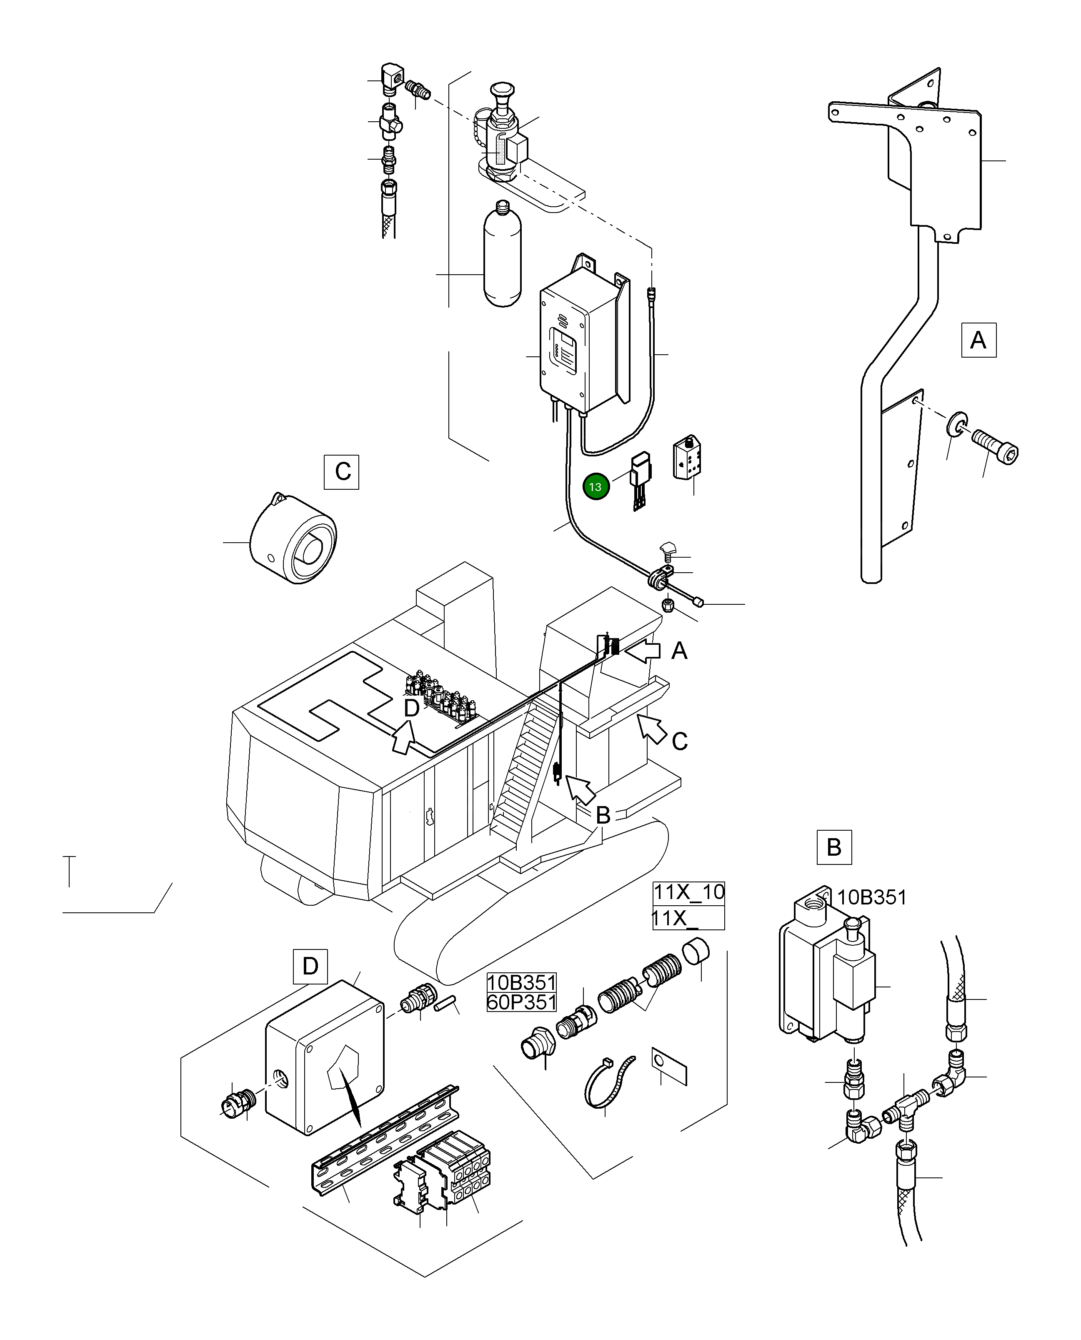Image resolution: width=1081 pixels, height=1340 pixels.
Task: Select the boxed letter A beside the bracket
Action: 978,340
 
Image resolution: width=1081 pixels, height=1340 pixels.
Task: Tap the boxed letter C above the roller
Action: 341,472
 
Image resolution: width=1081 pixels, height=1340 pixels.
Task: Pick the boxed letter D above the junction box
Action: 310,966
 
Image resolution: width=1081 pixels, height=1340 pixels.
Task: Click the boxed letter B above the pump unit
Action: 834,847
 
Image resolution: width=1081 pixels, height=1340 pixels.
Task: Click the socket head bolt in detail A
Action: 995,446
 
